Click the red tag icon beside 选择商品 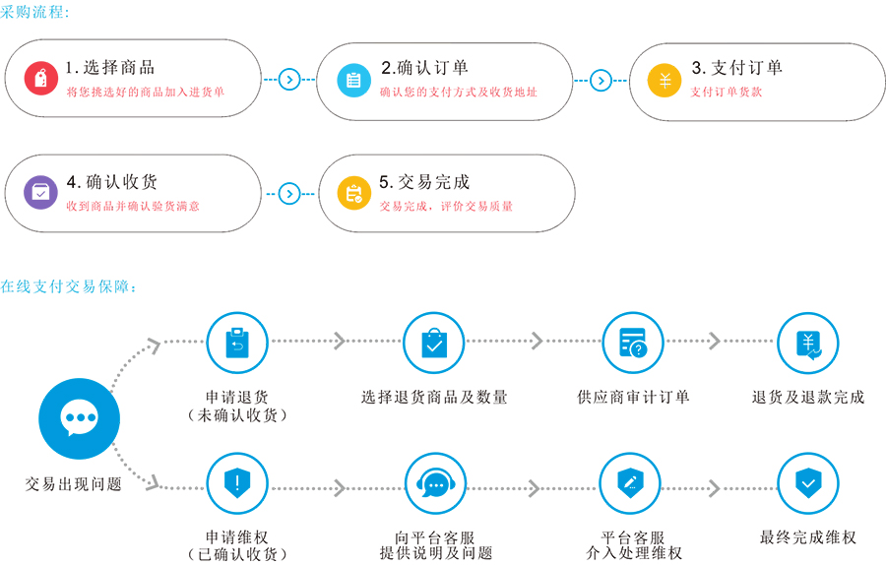pyautogui.click(x=40, y=79)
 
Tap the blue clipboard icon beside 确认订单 pyautogui.click(x=352, y=80)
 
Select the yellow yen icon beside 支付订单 pyautogui.click(x=664, y=80)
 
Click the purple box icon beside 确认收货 pyautogui.click(x=40, y=193)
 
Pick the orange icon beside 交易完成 pyautogui.click(x=352, y=193)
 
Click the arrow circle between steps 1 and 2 pyautogui.click(x=288, y=80)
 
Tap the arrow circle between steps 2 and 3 pyautogui.click(x=601, y=80)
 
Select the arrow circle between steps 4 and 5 pyautogui.click(x=288, y=193)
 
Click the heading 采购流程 pyautogui.click(x=35, y=12)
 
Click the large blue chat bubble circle pyautogui.click(x=79, y=418)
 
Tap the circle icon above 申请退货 pyautogui.click(x=237, y=343)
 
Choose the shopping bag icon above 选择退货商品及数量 pyautogui.click(x=434, y=343)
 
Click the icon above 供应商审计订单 pyautogui.click(x=632, y=343)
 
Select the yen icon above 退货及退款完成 pyautogui.click(x=808, y=343)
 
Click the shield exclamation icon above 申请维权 pyautogui.click(x=237, y=483)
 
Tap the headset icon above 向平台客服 pyautogui.click(x=434, y=483)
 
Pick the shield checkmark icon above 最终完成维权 pyautogui.click(x=808, y=483)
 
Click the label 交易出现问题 pyautogui.click(x=74, y=484)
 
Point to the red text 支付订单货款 pyautogui.click(x=727, y=93)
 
